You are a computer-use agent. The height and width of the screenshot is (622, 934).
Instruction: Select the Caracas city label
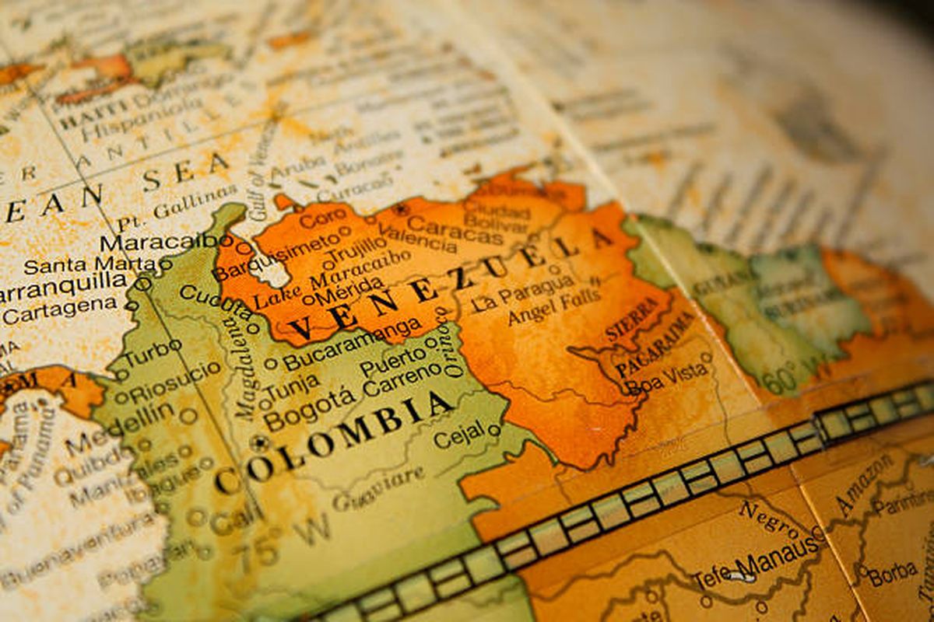coord(455,229)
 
